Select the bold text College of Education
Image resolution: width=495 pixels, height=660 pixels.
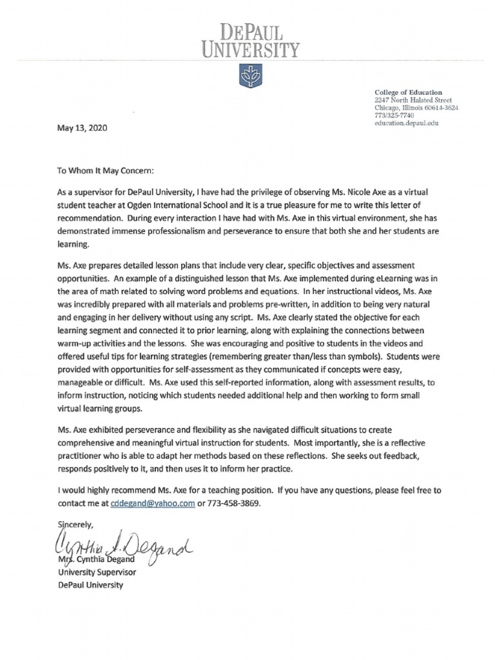[408, 92]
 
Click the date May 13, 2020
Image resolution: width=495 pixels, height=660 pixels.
[79, 128]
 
